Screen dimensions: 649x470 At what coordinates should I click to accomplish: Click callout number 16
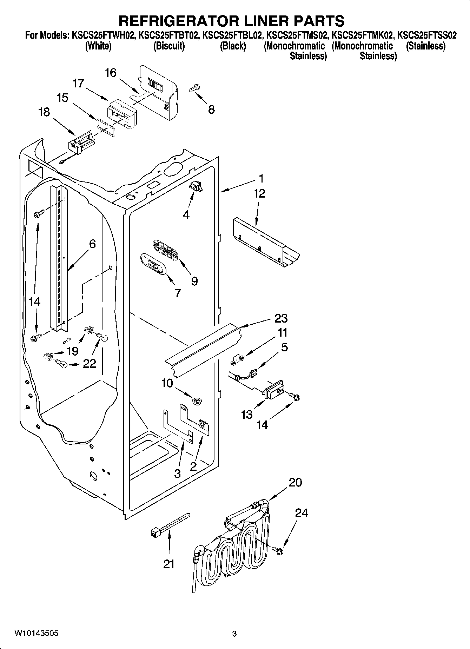pyautogui.click(x=111, y=73)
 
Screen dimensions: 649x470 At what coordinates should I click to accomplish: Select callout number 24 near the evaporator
pyautogui.click(x=301, y=513)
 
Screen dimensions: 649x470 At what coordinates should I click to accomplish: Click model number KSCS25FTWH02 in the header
pyautogui.click(x=103, y=35)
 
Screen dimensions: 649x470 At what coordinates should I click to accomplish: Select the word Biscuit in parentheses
pyautogui.click(x=169, y=46)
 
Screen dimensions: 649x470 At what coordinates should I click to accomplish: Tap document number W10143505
pyautogui.click(x=36, y=633)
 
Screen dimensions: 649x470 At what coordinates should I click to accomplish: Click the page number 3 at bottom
pyautogui.click(x=234, y=634)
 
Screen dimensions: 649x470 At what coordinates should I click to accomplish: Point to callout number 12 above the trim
pyautogui.click(x=259, y=193)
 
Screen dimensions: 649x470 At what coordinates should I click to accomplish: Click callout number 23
pyautogui.click(x=281, y=318)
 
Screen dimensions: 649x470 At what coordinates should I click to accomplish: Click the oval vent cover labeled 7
pyautogui.click(x=153, y=264)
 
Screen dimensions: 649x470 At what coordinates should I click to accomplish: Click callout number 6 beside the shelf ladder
pyautogui.click(x=92, y=244)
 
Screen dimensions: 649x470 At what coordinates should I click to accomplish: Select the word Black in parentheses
pyautogui.click(x=233, y=46)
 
